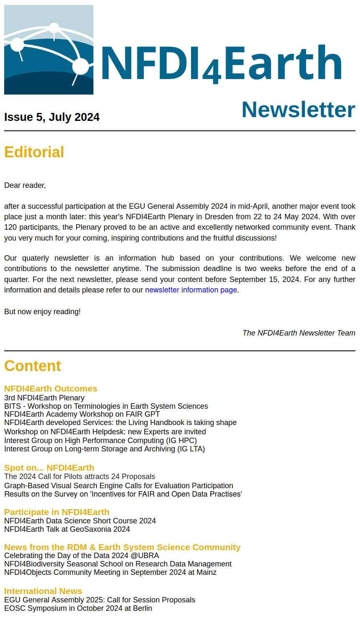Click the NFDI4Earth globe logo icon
click(x=49, y=50)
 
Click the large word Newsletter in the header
click(x=298, y=110)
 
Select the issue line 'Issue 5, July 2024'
click(x=52, y=117)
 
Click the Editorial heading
click(x=34, y=152)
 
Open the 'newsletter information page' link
click(x=191, y=290)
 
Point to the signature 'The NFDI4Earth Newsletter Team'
click(x=299, y=333)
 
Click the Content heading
click(x=33, y=366)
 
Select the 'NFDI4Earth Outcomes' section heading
click(x=51, y=389)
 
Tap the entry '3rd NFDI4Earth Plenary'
click(x=44, y=398)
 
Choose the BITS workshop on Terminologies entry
click(x=106, y=406)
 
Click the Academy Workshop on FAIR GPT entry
click(x=82, y=414)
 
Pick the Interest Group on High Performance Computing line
click(x=100, y=441)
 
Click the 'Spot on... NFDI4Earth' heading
click(x=49, y=468)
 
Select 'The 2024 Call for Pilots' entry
click(x=79, y=477)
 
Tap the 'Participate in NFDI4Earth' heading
click(x=57, y=512)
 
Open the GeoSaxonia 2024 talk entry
click(x=67, y=529)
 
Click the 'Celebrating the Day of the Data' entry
click(x=82, y=556)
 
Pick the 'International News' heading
click(x=43, y=591)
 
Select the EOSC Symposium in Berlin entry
click(x=78, y=608)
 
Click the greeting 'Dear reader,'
click(x=25, y=185)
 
